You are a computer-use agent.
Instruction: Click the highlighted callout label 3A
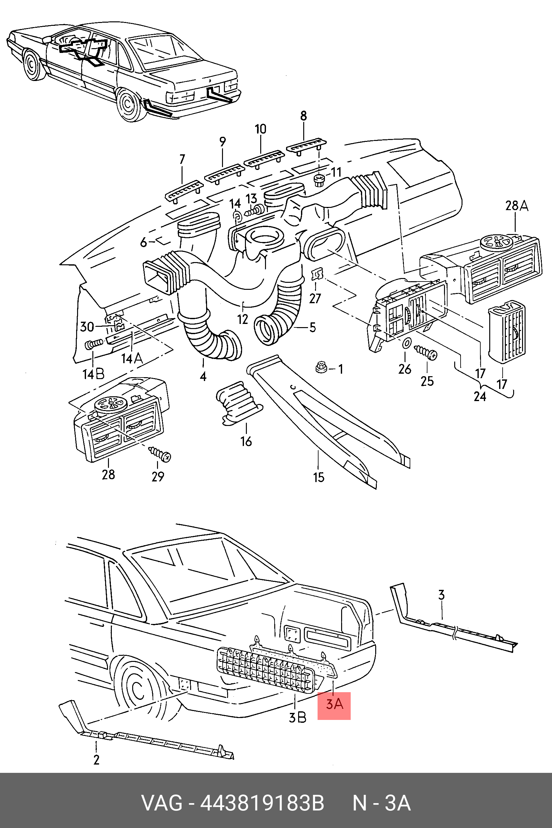coord(334,704)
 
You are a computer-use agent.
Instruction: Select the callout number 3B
coord(298,717)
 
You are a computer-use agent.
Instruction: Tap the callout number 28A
coord(517,206)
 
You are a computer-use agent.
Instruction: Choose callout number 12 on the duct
coord(243,319)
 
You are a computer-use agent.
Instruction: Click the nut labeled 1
coord(320,368)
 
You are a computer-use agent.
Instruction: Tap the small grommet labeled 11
coord(319,181)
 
